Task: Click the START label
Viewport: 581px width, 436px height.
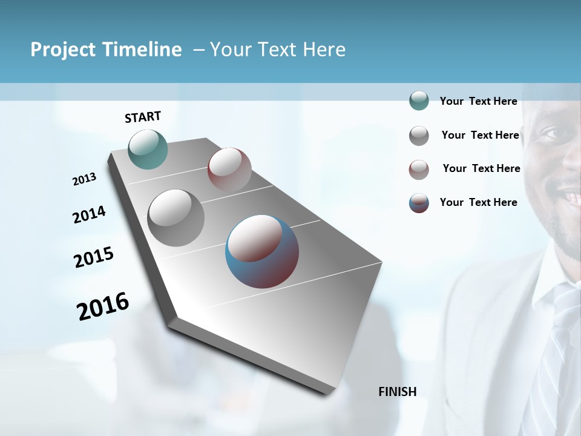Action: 143,117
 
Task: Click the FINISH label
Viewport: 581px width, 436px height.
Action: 397,391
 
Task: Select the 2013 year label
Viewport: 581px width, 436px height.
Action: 84,179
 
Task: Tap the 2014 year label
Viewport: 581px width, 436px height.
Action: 89,214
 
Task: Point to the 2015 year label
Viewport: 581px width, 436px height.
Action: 94,257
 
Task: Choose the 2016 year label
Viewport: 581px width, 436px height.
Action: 103,306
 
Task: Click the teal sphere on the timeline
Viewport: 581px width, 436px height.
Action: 148,149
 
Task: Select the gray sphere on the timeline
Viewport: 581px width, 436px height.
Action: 176,218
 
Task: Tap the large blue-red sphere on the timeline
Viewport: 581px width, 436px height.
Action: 262,251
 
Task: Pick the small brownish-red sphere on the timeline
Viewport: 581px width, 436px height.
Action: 229,170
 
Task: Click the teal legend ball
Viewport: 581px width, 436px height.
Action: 419,101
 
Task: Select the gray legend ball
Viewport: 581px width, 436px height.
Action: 419,136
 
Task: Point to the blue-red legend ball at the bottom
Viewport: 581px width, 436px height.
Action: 419,203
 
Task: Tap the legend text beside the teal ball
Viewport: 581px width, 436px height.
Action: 478,101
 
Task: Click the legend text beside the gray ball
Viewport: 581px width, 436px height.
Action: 480,135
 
